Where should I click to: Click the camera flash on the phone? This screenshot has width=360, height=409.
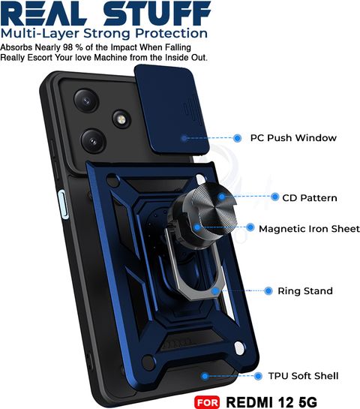tap(121, 119)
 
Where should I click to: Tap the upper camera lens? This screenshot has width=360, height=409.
tap(86, 101)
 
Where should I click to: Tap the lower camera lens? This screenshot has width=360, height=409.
tap(93, 141)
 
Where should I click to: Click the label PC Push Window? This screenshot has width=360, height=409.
tap(293, 138)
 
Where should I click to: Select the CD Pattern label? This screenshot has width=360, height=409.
tap(310, 197)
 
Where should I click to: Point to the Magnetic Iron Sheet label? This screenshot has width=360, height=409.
tap(309, 229)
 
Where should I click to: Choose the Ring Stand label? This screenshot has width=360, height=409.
tap(305, 291)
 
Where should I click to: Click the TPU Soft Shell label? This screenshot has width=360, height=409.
tap(304, 376)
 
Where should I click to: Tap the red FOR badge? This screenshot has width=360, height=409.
tap(207, 402)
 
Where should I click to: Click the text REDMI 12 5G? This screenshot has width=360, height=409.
tap(271, 402)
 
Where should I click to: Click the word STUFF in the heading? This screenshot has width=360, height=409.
tap(157, 14)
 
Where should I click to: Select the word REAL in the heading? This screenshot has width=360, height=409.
tap(43, 14)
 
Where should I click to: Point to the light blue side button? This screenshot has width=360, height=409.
tap(63, 204)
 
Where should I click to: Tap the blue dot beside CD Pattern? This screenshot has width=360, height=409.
tap(274, 197)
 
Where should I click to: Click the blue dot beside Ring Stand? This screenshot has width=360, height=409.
tap(268, 290)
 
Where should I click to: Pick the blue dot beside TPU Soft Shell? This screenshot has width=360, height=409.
tap(258, 376)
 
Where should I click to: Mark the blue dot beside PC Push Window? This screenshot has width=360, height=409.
tap(237, 138)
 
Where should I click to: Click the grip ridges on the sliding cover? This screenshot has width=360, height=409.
tap(191, 109)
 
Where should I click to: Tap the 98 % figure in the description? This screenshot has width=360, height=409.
tap(73, 47)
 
